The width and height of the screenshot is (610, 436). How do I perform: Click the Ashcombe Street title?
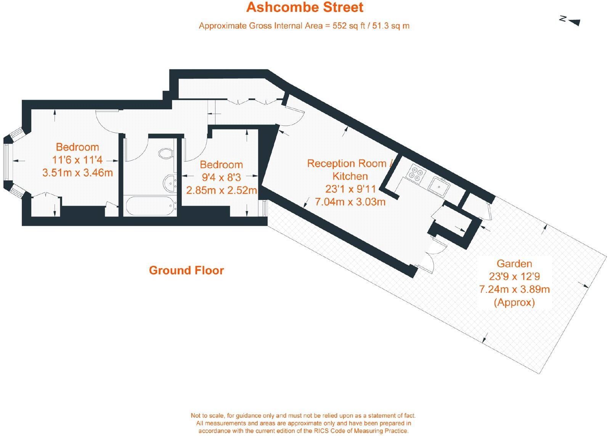[305, 7]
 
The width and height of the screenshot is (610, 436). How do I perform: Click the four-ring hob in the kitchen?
[415, 173]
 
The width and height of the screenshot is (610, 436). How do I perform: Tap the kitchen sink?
[439, 186]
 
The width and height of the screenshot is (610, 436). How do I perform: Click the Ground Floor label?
[186, 270]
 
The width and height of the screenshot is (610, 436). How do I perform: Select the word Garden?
[514, 263]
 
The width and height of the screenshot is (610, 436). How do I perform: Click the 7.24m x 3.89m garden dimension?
[514, 289]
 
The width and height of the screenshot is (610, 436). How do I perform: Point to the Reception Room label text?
[347, 163]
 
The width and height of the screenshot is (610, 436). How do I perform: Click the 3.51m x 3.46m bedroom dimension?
[77, 173]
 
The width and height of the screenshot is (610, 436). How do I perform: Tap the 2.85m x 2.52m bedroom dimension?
[222, 190]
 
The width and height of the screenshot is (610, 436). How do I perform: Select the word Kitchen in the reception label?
[350, 176]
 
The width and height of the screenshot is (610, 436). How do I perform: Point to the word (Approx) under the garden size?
[514, 302]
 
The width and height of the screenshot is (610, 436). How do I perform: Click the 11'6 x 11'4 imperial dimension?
[77, 160]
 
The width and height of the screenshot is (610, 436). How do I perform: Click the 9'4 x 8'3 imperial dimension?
[221, 177]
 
